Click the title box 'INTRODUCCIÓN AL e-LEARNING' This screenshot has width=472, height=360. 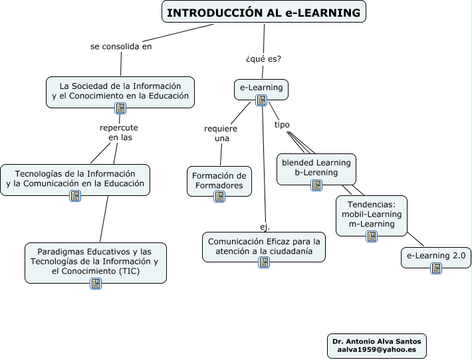[x=264, y=12]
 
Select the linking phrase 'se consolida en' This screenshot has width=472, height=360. [x=121, y=46]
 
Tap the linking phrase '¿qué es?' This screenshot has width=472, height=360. [x=263, y=58]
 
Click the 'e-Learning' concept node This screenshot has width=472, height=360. [x=261, y=89]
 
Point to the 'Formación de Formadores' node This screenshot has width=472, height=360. [x=219, y=181]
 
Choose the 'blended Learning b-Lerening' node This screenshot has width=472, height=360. [x=316, y=169]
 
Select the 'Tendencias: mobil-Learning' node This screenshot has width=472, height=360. [x=372, y=216]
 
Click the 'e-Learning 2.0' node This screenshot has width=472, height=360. [x=436, y=258]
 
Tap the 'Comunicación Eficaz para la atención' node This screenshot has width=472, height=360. [x=264, y=246]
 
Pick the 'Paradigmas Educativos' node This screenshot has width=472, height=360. [x=96, y=263]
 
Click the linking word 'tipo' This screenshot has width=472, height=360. [x=282, y=124]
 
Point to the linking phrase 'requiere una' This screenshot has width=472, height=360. [x=221, y=134]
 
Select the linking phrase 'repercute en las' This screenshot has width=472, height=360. [x=119, y=132]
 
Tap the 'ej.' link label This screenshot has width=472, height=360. [x=265, y=227]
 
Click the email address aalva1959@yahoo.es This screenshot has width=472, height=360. [x=376, y=349]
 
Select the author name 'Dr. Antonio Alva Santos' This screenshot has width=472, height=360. [x=376, y=341]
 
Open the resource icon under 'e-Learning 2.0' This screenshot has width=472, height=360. [x=436, y=268]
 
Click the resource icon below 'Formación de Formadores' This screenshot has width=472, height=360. [x=219, y=197]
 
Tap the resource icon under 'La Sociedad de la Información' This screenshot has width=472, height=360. [x=120, y=108]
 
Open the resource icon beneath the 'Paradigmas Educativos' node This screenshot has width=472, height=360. [x=96, y=284]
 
